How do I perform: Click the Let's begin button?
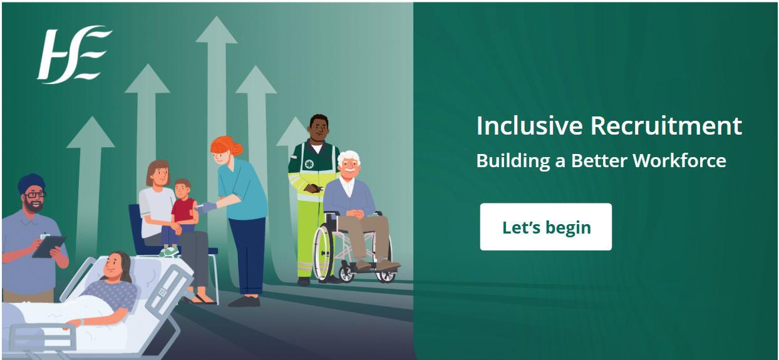(545, 227)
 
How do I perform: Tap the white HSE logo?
(74, 55)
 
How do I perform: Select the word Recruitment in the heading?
(666, 125)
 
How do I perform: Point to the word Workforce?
(679, 160)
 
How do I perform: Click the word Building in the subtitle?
(513, 162)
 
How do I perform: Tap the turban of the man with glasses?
(31, 183)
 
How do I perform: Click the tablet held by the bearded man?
(49, 247)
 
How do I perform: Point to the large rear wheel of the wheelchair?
(323, 252)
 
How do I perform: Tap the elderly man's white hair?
(348, 158)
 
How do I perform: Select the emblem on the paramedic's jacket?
(309, 164)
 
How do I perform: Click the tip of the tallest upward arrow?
(216, 16)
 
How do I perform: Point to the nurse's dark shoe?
(244, 301)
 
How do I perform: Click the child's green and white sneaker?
(169, 252)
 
